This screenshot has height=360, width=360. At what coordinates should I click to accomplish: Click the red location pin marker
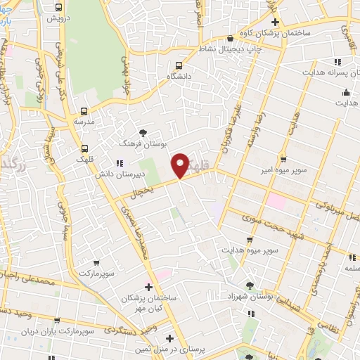point(181,165)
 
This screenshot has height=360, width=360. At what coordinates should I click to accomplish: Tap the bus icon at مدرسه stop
point(84,111)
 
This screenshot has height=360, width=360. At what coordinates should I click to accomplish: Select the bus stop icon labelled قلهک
point(85,148)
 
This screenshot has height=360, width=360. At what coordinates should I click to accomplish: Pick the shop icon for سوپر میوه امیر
point(283,159)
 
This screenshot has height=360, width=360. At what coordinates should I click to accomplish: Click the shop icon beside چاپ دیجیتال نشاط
point(231,39)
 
